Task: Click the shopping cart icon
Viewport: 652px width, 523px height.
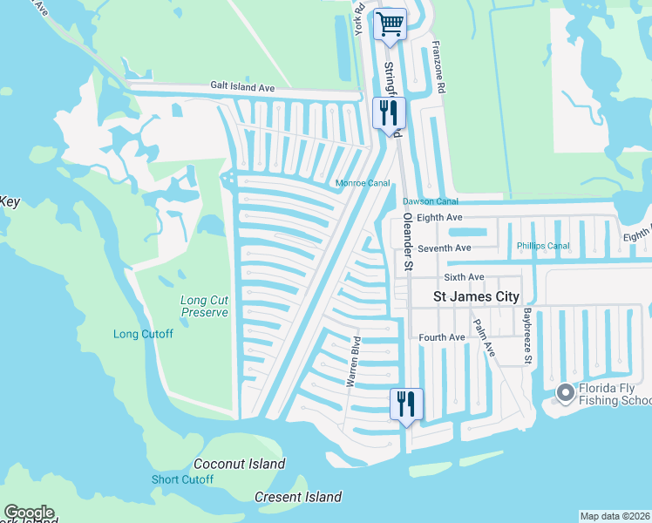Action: [391, 24]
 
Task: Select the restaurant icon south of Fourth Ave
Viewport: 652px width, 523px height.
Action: [406, 404]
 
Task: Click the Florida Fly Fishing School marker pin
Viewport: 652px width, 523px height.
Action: [565, 393]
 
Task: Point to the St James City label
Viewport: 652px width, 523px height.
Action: [477, 297]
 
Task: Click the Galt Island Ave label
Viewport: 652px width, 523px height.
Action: [242, 88]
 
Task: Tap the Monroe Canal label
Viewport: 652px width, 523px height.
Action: [363, 183]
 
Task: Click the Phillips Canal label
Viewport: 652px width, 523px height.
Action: [544, 246]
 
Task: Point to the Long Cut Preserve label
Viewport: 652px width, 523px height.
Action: [205, 306]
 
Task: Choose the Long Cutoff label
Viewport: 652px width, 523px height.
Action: [143, 334]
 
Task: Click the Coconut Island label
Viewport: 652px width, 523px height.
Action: [239, 465]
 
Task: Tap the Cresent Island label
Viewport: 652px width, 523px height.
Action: [298, 498]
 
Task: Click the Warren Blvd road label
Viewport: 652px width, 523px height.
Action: [353, 360]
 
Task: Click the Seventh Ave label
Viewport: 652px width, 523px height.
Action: [444, 248]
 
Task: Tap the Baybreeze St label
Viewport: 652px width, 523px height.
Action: [527, 335]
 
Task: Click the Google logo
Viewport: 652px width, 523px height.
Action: [29, 513]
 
